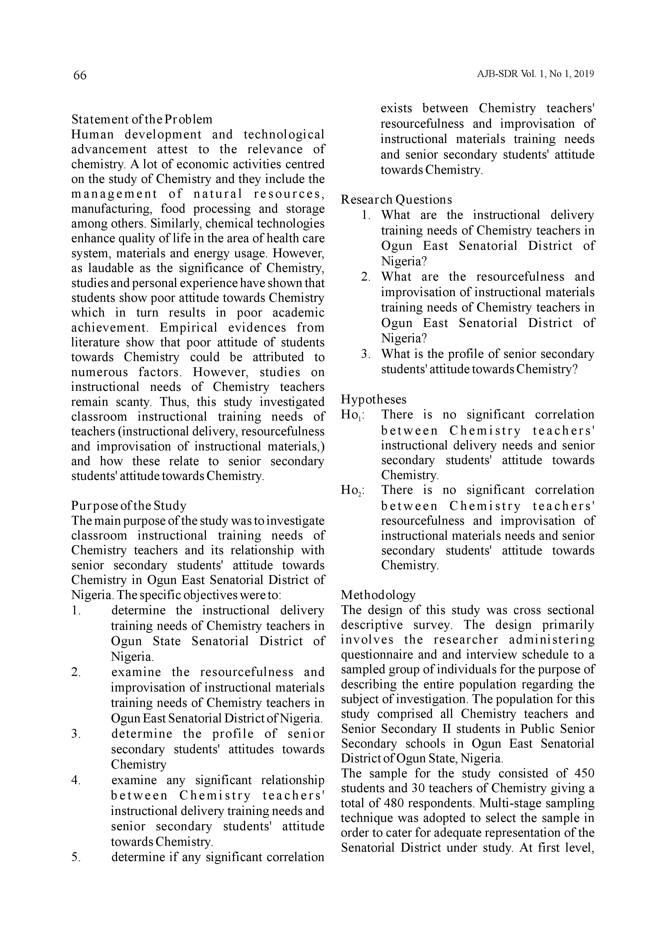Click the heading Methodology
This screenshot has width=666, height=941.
pyautogui.click(x=378, y=595)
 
